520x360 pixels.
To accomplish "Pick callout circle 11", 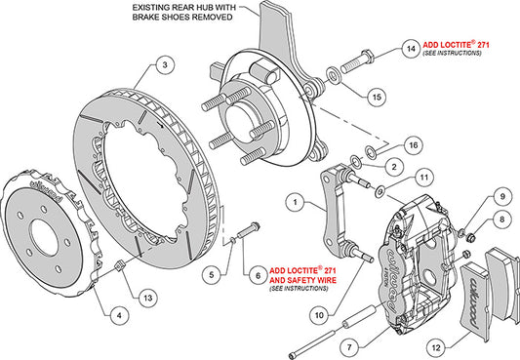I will pyautogui.click(x=421, y=177).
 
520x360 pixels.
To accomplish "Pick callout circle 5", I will pyautogui.click(x=208, y=276).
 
